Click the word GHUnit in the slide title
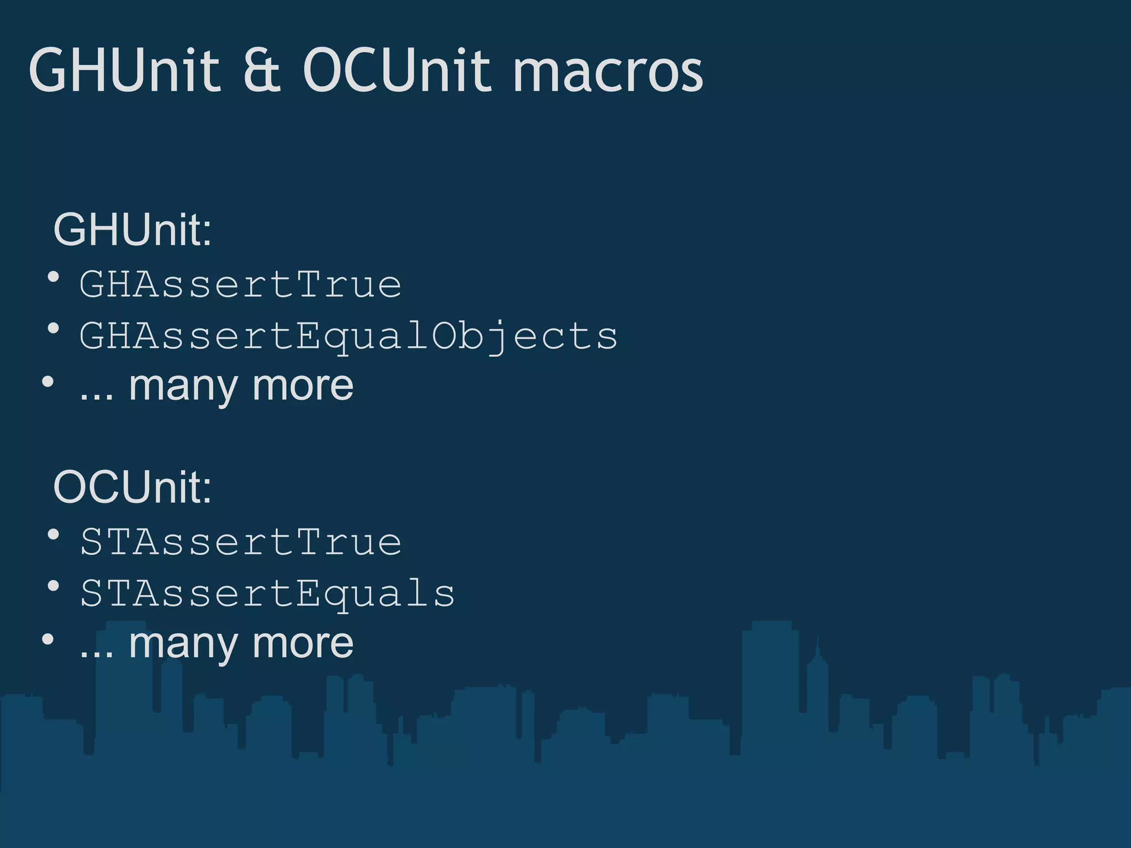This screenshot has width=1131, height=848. pyautogui.click(x=124, y=70)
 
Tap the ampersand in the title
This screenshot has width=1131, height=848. pyautogui.click(x=262, y=70)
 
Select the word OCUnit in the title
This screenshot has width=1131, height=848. pyautogui.click(x=396, y=70)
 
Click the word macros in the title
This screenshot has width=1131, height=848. pyautogui.click(x=607, y=73)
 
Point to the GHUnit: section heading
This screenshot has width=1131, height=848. pyautogui.click(x=133, y=230)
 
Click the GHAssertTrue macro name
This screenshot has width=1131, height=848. pyautogui.click(x=241, y=285)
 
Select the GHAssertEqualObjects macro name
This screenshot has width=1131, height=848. pyautogui.click(x=348, y=336)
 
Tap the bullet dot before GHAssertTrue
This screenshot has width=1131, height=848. pyautogui.click(x=54, y=277)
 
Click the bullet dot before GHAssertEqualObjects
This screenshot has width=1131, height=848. pyautogui.click(x=54, y=329)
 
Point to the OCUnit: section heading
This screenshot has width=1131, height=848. pyautogui.click(x=133, y=487)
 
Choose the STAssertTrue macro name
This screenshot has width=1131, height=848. pyautogui.click(x=241, y=542)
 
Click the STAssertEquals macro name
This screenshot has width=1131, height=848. pyautogui.click(x=268, y=594)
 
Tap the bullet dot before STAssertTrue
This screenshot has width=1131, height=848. pyautogui.click(x=54, y=534)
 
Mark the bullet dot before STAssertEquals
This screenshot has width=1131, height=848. pyautogui.click(x=54, y=586)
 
